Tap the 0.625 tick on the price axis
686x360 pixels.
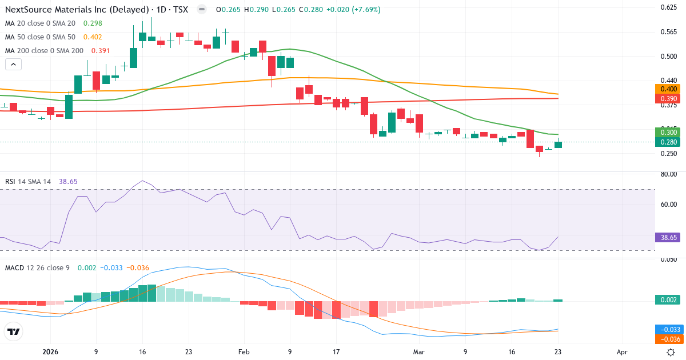(x=669, y=7)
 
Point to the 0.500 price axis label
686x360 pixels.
(x=669, y=56)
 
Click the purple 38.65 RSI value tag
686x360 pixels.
(x=667, y=237)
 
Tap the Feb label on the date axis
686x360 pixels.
(x=244, y=353)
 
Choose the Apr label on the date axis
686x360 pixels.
(x=623, y=353)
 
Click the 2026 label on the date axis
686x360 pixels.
(x=50, y=353)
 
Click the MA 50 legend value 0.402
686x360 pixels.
(x=93, y=37)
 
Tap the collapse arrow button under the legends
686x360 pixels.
(x=14, y=65)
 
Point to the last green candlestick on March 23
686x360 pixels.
(x=558, y=145)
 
